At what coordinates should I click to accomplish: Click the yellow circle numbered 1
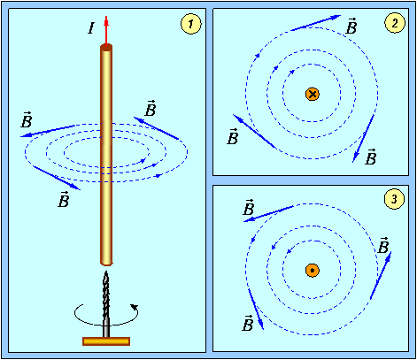click(x=191, y=24)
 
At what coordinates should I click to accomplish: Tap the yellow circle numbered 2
click(x=395, y=23)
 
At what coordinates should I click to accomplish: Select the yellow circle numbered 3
click(x=394, y=199)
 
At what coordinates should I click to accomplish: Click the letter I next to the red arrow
click(x=91, y=28)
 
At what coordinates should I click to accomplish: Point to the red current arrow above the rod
click(x=106, y=31)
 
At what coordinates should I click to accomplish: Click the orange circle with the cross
click(x=313, y=95)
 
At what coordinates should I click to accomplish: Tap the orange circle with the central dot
click(x=313, y=271)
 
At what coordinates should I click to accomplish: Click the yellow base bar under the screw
click(x=106, y=341)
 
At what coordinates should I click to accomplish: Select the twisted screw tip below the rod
click(x=106, y=295)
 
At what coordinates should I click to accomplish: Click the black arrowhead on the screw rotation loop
click(x=135, y=307)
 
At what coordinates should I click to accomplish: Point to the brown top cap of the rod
click(x=106, y=47)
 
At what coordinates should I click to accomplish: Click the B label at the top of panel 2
click(x=351, y=26)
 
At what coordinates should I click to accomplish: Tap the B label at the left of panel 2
click(x=233, y=136)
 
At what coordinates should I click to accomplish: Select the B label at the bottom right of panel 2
click(x=371, y=157)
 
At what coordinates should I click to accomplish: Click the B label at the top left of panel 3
click(x=249, y=207)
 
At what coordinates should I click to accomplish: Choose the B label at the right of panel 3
click(x=383, y=245)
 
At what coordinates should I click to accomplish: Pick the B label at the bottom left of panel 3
click(x=248, y=323)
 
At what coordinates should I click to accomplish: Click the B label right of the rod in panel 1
click(x=151, y=108)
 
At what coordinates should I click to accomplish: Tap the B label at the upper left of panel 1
click(x=27, y=119)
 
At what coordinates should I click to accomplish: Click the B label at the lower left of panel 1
click(x=64, y=199)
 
